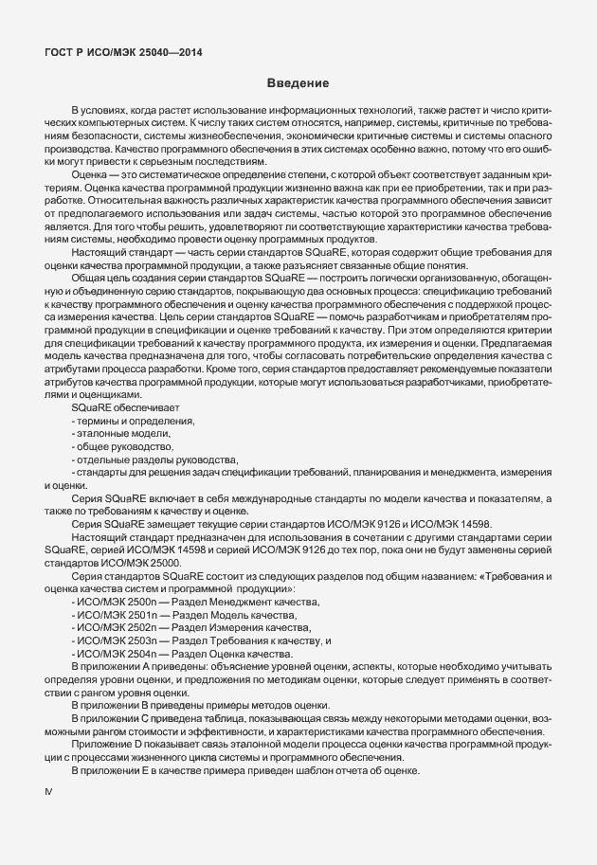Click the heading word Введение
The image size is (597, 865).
pyautogui.click(x=298, y=84)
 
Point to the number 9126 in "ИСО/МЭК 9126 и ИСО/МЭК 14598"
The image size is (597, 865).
pyautogui.click(x=385, y=524)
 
